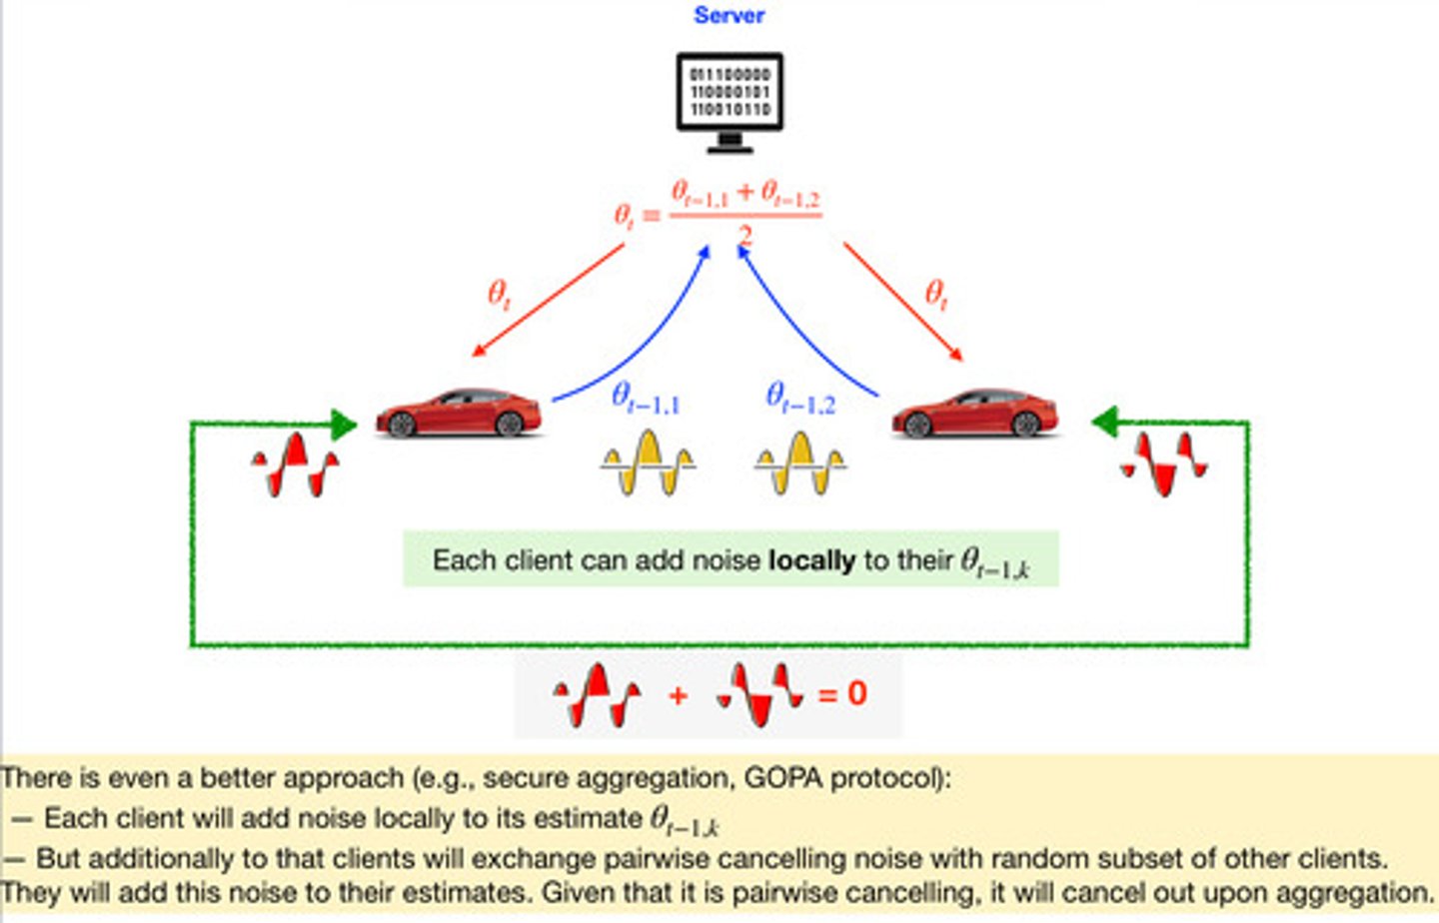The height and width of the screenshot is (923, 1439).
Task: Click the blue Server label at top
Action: tap(728, 15)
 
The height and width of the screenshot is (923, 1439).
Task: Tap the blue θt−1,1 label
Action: tap(646, 399)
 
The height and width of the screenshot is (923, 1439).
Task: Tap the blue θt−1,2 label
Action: tap(799, 399)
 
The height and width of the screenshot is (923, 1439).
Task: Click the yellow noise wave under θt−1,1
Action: tap(648, 462)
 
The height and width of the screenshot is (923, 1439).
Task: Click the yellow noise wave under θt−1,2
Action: tap(800, 462)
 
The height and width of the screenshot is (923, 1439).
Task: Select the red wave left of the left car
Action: tap(296, 464)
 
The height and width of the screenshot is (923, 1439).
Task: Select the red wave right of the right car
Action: tap(1164, 464)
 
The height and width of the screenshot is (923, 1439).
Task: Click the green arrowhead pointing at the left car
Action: tap(342, 424)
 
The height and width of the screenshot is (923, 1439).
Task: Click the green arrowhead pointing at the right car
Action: tap(1104, 423)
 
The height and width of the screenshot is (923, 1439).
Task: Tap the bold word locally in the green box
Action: tap(810, 560)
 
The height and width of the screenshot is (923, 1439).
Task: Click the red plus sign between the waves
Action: tap(678, 695)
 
